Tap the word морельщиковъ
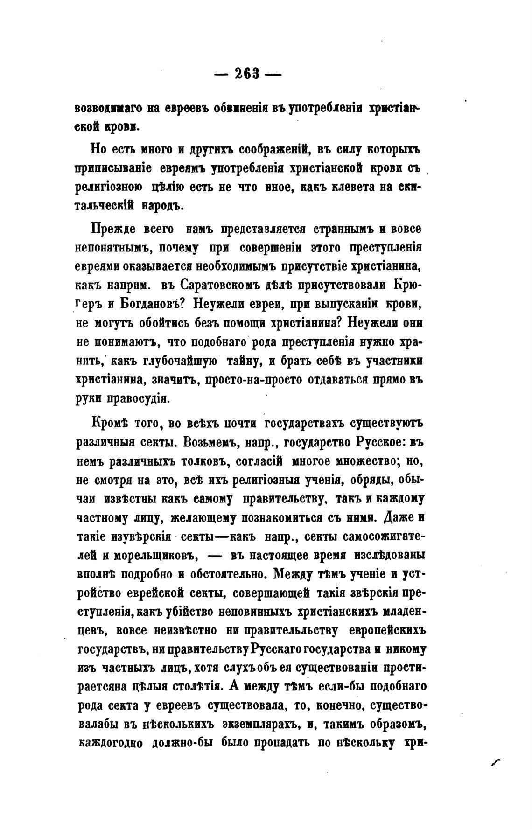[155, 556]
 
